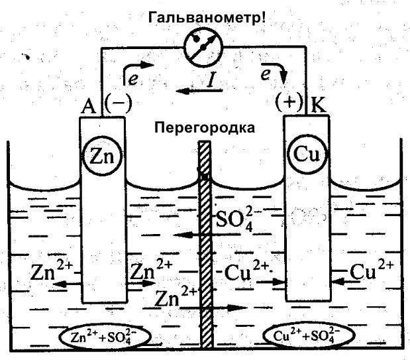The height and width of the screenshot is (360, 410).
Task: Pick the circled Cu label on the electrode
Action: pyautogui.click(x=307, y=155)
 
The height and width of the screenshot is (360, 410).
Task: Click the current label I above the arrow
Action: pyautogui.click(x=210, y=80)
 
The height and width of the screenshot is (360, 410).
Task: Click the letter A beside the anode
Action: pyautogui.click(x=90, y=105)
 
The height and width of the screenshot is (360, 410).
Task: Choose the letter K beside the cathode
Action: pyautogui.click(x=317, y=105)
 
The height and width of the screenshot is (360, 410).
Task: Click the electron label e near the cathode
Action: pyautogui.click(x=266, y=76)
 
